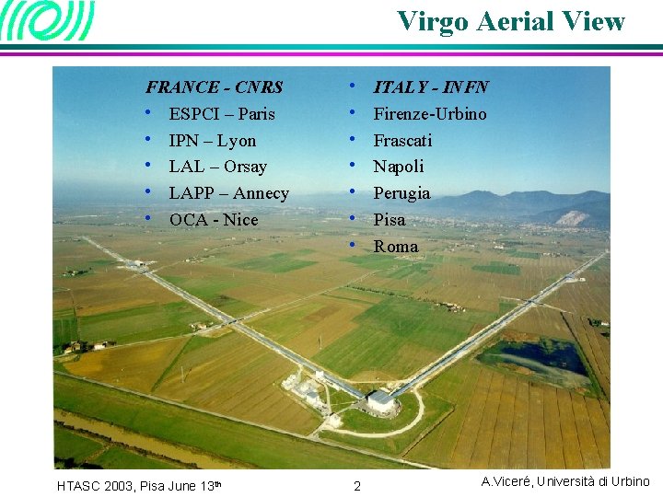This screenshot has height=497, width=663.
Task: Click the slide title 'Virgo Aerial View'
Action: tap(510, 21)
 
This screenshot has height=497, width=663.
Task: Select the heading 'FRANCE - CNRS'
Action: tap(214, 88)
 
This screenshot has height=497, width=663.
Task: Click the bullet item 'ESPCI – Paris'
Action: tap(221, 114)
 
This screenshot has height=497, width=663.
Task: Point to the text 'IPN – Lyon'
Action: tap(212, 141)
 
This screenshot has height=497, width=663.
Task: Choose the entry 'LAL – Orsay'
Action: tap(217, 167)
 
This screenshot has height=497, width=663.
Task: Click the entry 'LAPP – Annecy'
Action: tap(228, 193)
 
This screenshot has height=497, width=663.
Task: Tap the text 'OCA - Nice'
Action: tap(214, 220)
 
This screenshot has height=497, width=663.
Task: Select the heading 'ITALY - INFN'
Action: tap(430, 87)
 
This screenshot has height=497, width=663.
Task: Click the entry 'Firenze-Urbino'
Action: tap(429, 114)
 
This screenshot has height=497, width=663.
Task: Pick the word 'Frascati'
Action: tap(402, 141)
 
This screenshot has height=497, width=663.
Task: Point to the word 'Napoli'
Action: tap(399, 167)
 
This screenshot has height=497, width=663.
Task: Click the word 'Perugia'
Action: tap(401, 193)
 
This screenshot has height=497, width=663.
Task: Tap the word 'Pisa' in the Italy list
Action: tap(389, 220)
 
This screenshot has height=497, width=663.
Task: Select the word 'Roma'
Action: tap(395, 247)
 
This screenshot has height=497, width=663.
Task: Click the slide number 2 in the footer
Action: tap(357, 485)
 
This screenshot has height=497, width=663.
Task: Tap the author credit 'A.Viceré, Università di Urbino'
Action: tap(565, 481)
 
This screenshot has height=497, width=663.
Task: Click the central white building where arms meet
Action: tap(381, 399)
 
